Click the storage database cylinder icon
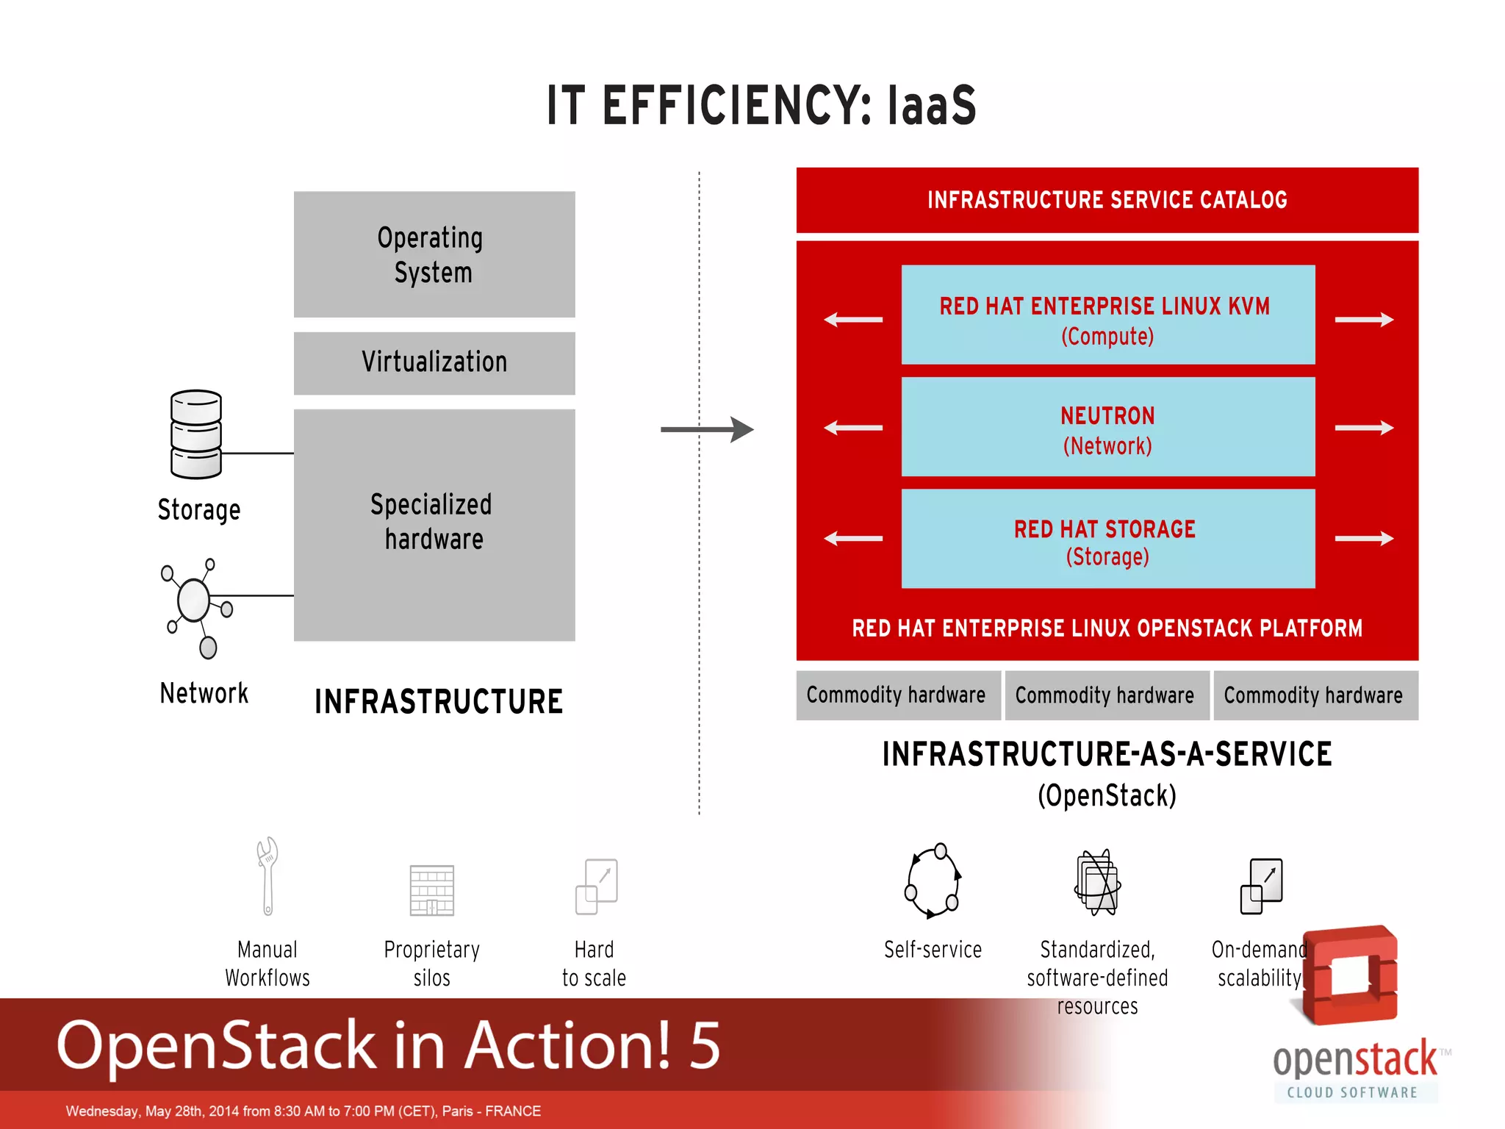click(195, 434)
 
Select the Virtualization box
click(434, 363)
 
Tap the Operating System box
click(434, 254)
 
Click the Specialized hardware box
click(434, 524)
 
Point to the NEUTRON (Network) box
click(1107, 427)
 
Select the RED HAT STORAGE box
click(1107, 539)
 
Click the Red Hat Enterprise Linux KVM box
click(1107, 315)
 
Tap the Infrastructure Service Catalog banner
click(1107, 200)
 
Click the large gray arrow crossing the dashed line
click(706, 429)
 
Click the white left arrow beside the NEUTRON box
click(853, 428)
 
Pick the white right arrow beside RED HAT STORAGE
click(1364, 539)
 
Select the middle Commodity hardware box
click(1105, 695)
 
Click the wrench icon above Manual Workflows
click(267, 876)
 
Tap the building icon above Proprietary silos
click(432, 890)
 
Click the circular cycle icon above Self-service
click(933, 881)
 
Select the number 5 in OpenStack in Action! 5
click(705, 1044)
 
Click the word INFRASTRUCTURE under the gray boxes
click(439, 702)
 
